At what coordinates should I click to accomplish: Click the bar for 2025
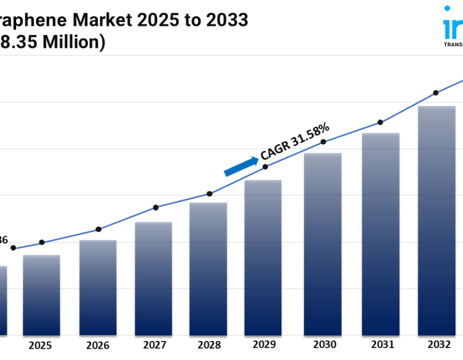tap(41, 295)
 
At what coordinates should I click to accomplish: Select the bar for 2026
tap(98, 287)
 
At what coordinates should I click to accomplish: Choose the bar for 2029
tap(263, 258)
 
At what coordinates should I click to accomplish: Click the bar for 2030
tap(323, 244)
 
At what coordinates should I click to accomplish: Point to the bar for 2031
tap(381, 234)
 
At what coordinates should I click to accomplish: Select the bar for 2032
tap(437, 221)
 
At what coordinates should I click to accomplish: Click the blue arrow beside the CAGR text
tap(241, 167)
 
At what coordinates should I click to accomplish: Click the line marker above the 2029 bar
tap(265, 167)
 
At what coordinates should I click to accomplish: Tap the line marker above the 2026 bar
tap(98, 229)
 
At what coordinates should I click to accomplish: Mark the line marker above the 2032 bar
tap(436, 93)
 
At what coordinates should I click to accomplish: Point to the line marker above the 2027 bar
tap(156, 207)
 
